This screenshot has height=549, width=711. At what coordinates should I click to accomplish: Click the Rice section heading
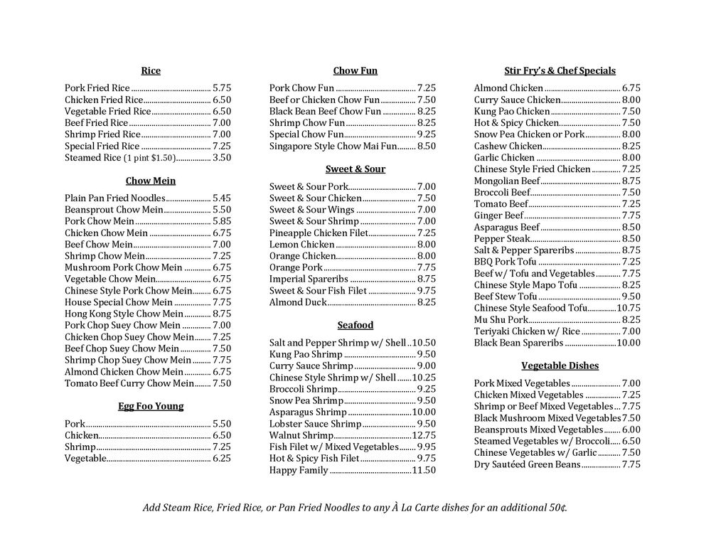click(x=151, y=71)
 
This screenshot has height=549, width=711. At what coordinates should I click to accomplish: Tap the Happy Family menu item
click(x=299, y=470)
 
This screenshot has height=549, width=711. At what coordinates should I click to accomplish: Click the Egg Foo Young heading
click(x=151, y=407)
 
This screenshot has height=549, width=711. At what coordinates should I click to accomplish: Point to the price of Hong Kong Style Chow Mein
click(x=221, y=314)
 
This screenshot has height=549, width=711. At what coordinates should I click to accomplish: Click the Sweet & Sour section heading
click(x=355, y=169)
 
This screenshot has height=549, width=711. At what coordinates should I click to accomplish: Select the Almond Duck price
click(x=427, y=302)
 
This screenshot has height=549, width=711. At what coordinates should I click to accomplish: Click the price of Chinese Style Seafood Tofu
click(x=629, y=308)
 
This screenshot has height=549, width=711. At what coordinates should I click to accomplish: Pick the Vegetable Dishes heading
click(x=560, y=366)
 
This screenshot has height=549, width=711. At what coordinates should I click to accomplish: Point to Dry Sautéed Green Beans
click(x=527, y=464)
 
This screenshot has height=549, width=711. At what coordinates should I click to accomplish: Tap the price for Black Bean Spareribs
click(x=629, y=343)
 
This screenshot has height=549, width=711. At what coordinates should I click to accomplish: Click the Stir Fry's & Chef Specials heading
click(x=560, y=71)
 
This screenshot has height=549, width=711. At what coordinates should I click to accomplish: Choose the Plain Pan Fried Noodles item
click(x=114, y=198)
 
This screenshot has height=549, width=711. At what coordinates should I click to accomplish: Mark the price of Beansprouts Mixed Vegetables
click(x=631, y=430)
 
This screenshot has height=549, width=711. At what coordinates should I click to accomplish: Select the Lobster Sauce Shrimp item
click(x=305, y=424)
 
